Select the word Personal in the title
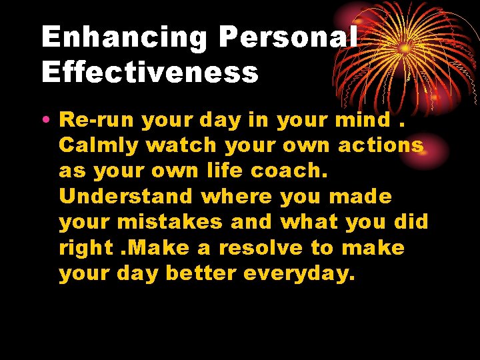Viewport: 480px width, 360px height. [x=288, y=38]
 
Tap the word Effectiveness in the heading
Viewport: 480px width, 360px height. [x=150, y=73]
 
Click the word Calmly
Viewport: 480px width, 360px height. [x=98, y=146]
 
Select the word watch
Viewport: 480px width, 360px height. [x=181, y=145]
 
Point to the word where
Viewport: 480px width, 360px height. [x=236, y=197]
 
